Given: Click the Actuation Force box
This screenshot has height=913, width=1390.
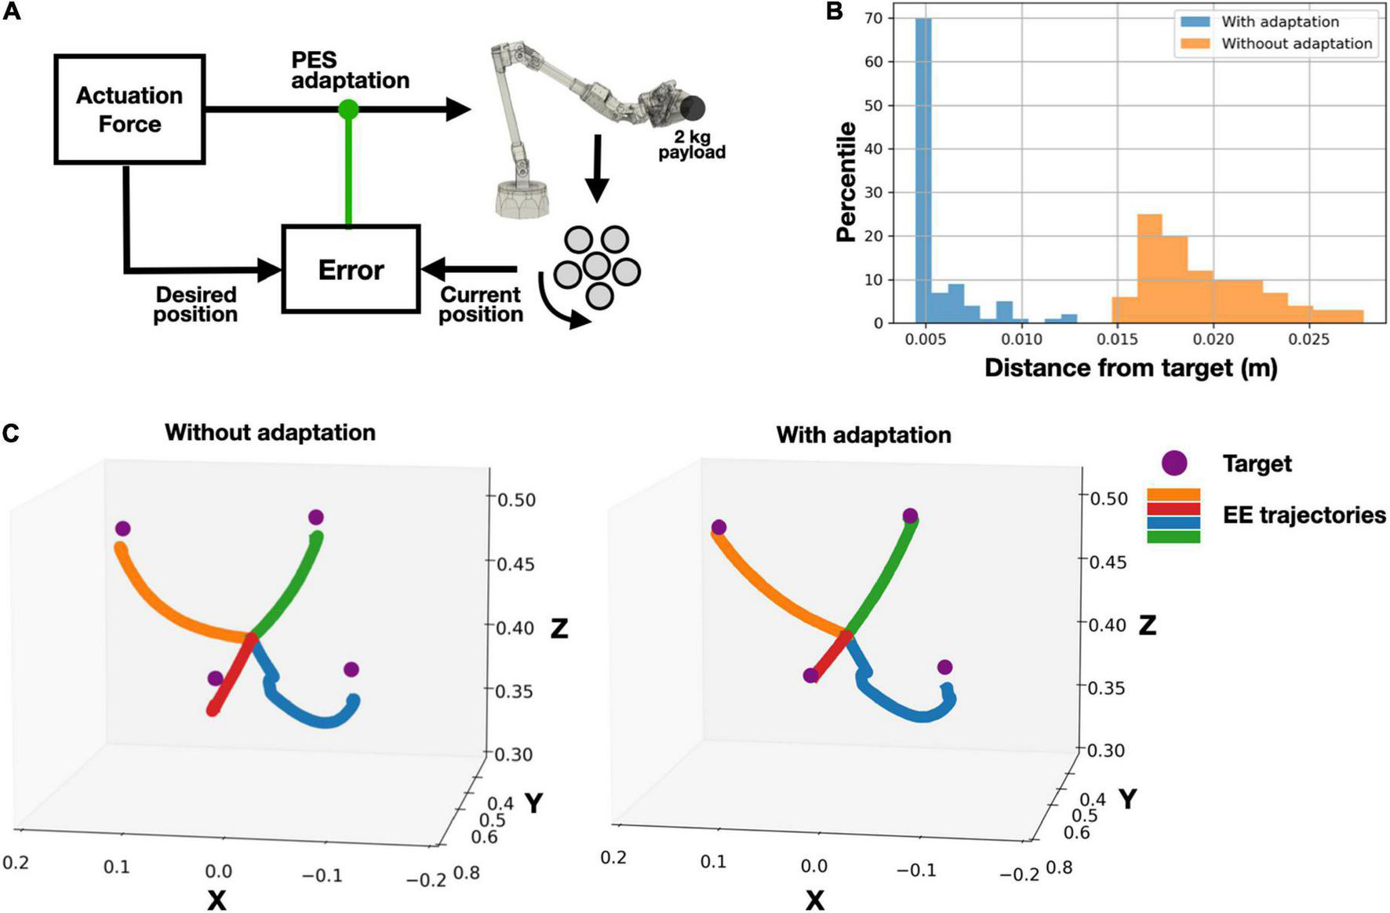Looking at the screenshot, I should pyautogui.click(x=129, y=109).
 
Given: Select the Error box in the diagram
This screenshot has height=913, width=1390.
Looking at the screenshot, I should pyautogui.click(x=351, y=269).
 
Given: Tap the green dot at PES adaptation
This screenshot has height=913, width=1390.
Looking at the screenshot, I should pyautogui.click(x=348, y=109).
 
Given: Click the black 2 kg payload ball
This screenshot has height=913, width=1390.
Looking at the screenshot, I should pyautogui.click(x=693, y=108).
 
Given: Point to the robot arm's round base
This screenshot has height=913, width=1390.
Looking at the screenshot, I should pyautogui.click(x=522, y=197).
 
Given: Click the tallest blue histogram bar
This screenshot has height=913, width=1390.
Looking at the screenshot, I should pyautogui.click(x=923, y=169).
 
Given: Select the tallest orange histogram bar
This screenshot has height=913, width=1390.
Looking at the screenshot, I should pyautogui.click(x=1149, y=267).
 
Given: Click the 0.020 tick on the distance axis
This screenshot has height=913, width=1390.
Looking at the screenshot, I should pyautogui.click(x=1214, y=340).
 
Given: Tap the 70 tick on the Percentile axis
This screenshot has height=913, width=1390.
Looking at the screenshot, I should pyautogui.click(x=873, y=18).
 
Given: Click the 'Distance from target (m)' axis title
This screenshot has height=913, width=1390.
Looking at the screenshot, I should pyautogui.click(x=1130, y=368).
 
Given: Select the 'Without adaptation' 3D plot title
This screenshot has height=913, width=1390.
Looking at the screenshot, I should pyautogui.click(x=270, y=432).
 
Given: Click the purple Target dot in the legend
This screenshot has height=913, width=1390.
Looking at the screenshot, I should pyautogui.click(x=1174, y=463).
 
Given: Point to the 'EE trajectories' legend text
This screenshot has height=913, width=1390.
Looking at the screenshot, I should pyautogui.click(x=1304, y=515).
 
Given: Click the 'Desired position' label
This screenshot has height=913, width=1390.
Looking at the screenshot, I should pyautogui.click(x=195, y=304).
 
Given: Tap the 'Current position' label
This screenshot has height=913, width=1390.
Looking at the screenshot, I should pyautogui.click(x=480, y=304).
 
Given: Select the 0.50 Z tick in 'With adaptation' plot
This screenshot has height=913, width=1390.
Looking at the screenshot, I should pyautogui.click(x=1109, y=498).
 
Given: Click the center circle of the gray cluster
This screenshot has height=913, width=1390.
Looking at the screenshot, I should pyautogui.click(x=597, y=265).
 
